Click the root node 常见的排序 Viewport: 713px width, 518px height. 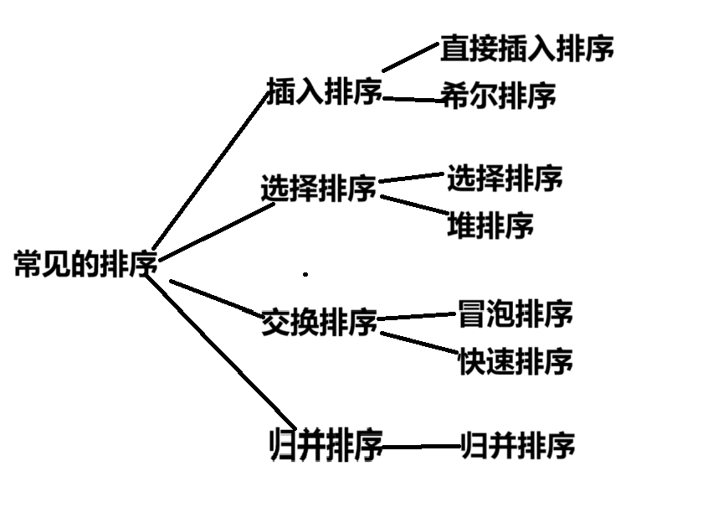point(85,265)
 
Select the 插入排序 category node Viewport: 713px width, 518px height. point(323,91)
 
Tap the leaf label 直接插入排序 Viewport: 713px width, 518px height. point(526,49)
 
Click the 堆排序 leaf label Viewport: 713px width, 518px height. point(490,225)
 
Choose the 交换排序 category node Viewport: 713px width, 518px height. point(319,322)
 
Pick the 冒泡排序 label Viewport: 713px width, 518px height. point(515,315)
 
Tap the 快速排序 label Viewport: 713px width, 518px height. point(515,362)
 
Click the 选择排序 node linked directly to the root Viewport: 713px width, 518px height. point(318,189)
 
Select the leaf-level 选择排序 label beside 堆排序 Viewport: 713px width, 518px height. point(504,178)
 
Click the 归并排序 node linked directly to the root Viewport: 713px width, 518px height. point(326,444)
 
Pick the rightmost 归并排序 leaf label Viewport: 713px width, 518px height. point(518,445)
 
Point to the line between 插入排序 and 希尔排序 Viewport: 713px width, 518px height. point(413,100)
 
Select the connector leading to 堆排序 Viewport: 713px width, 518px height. point(414,205)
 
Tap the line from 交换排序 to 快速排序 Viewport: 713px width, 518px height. point(418,342)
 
